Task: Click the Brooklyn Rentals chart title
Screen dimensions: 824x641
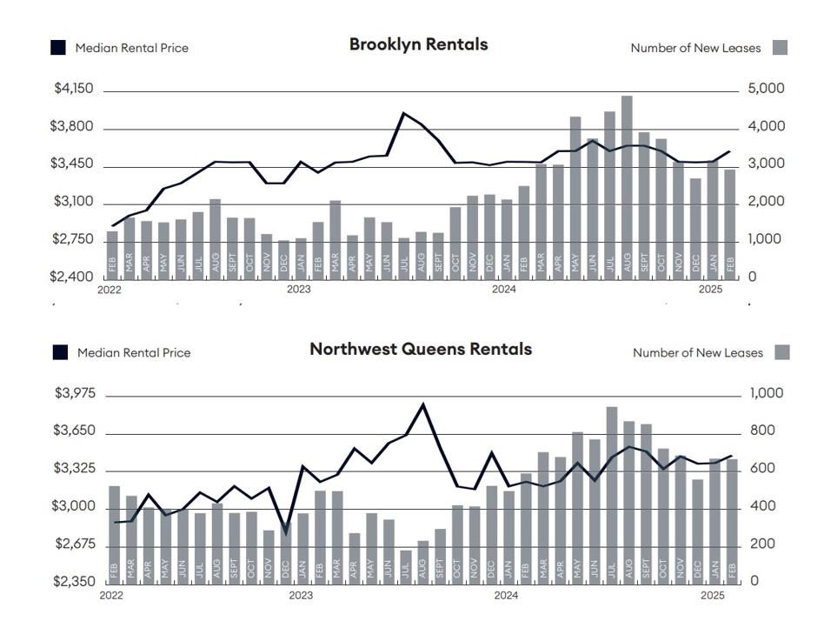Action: point(418,44)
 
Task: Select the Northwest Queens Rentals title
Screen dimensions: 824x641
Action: point(421,349)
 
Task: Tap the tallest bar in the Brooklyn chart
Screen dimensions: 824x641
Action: point(627,187)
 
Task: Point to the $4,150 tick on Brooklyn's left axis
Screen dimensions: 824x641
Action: point(74,89)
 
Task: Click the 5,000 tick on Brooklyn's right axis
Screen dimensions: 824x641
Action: point(766,89)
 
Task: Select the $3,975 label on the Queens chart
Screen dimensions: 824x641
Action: point(75,393)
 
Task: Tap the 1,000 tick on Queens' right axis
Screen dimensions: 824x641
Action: point(766,393)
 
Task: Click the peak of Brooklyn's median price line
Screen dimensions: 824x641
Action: point(403,112)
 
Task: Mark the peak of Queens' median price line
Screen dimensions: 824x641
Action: point(423,404)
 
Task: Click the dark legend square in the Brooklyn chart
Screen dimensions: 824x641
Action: point(58,48)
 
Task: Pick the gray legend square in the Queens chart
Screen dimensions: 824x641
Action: point(782,352)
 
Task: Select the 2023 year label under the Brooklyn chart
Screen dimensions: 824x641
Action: point(298,290)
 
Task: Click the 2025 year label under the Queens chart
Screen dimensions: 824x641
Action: point(713,595)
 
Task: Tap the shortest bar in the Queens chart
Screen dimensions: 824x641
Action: point(406,567)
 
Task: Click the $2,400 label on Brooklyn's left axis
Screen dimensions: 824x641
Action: point(71,277)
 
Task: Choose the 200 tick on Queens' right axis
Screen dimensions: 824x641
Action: point(762,544)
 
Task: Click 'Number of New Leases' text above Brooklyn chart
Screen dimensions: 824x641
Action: point(695,48)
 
